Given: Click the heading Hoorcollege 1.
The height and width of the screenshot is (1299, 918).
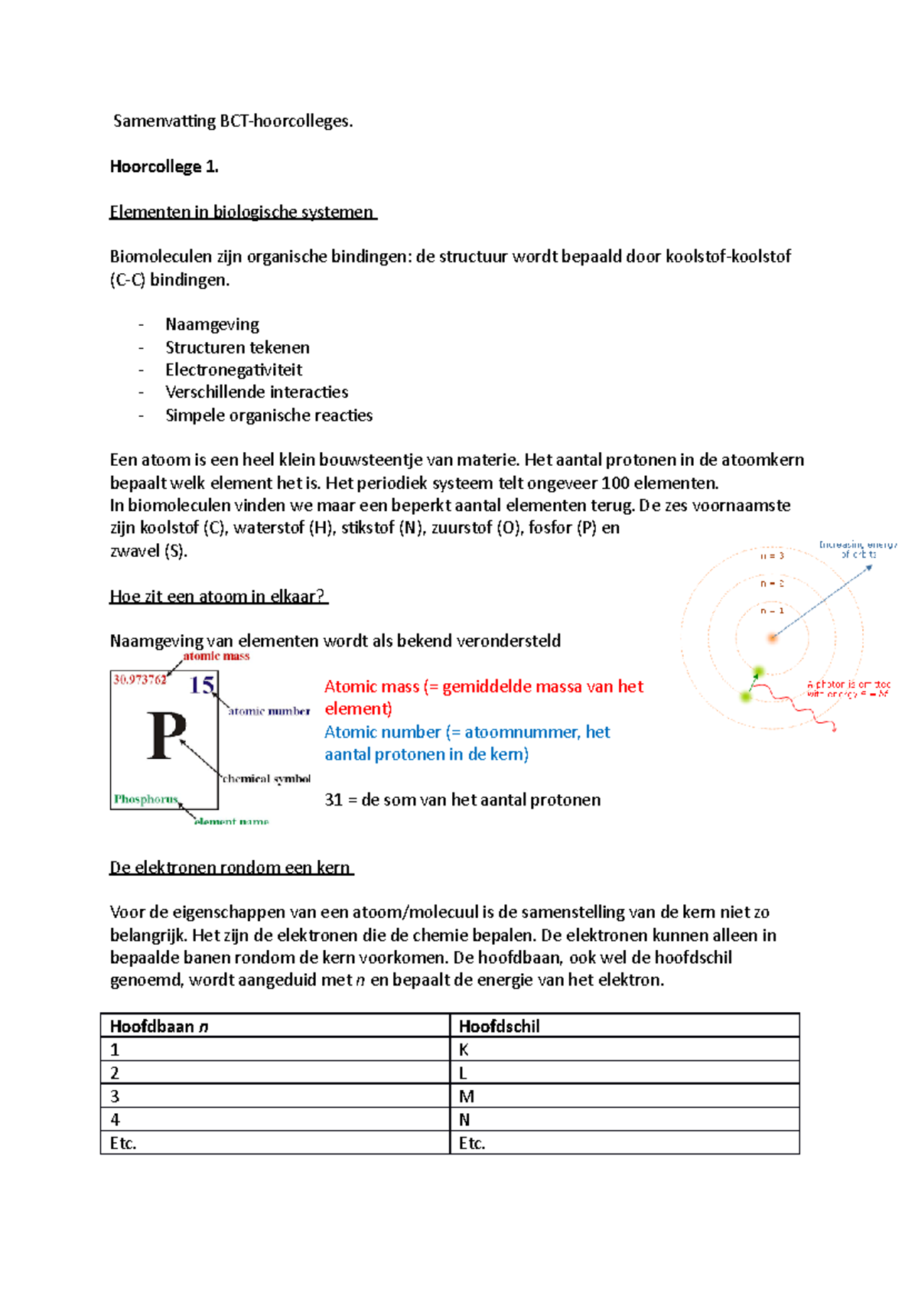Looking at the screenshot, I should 164,167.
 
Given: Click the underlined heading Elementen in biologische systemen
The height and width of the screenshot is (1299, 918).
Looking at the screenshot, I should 242,212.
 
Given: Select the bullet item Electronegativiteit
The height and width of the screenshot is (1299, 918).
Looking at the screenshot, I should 233,370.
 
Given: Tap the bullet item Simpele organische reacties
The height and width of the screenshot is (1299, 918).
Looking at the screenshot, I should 269,415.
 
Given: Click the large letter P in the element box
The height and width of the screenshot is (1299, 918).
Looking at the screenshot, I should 166,735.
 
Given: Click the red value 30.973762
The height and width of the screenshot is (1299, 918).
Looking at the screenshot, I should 140,679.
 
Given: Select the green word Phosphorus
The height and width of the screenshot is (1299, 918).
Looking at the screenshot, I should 146,799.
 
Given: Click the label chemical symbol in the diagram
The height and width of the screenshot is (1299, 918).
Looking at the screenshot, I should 266,779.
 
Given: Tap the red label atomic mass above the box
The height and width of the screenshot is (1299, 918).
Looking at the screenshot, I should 216,656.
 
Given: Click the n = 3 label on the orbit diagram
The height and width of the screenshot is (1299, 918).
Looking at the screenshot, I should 771,556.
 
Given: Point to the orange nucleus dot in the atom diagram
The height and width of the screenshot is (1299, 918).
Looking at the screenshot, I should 773,637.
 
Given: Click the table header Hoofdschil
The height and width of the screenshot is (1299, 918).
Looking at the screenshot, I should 499,1026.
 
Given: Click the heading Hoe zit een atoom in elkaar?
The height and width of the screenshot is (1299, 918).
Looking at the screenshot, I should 218,596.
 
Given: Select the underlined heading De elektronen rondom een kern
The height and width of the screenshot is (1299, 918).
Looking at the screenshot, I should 230,867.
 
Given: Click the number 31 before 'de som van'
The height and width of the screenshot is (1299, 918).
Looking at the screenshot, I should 334,799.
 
